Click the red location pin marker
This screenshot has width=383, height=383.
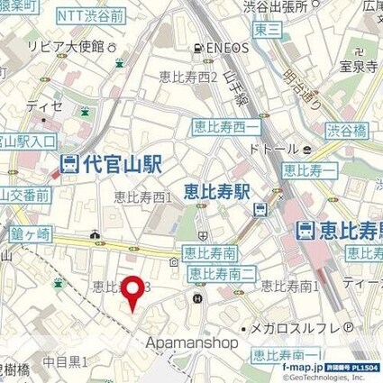point(133,291)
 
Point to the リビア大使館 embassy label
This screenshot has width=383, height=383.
point(69,45)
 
